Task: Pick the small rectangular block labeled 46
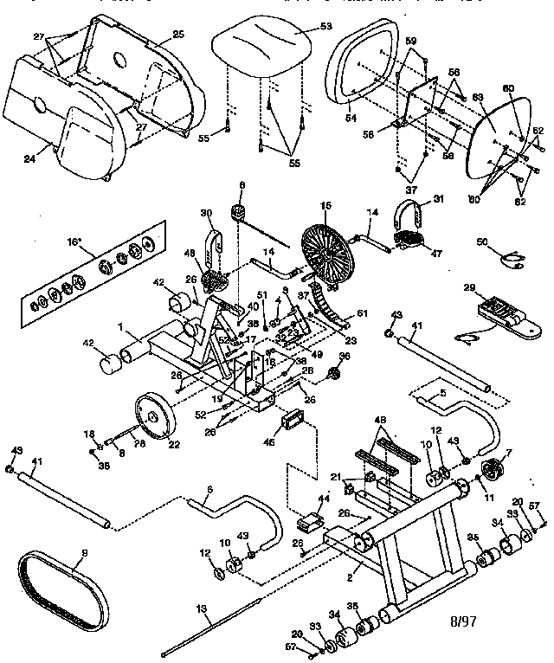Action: (291, 423)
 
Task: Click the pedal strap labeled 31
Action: (414, 210)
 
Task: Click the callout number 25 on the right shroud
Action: (179, 34)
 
